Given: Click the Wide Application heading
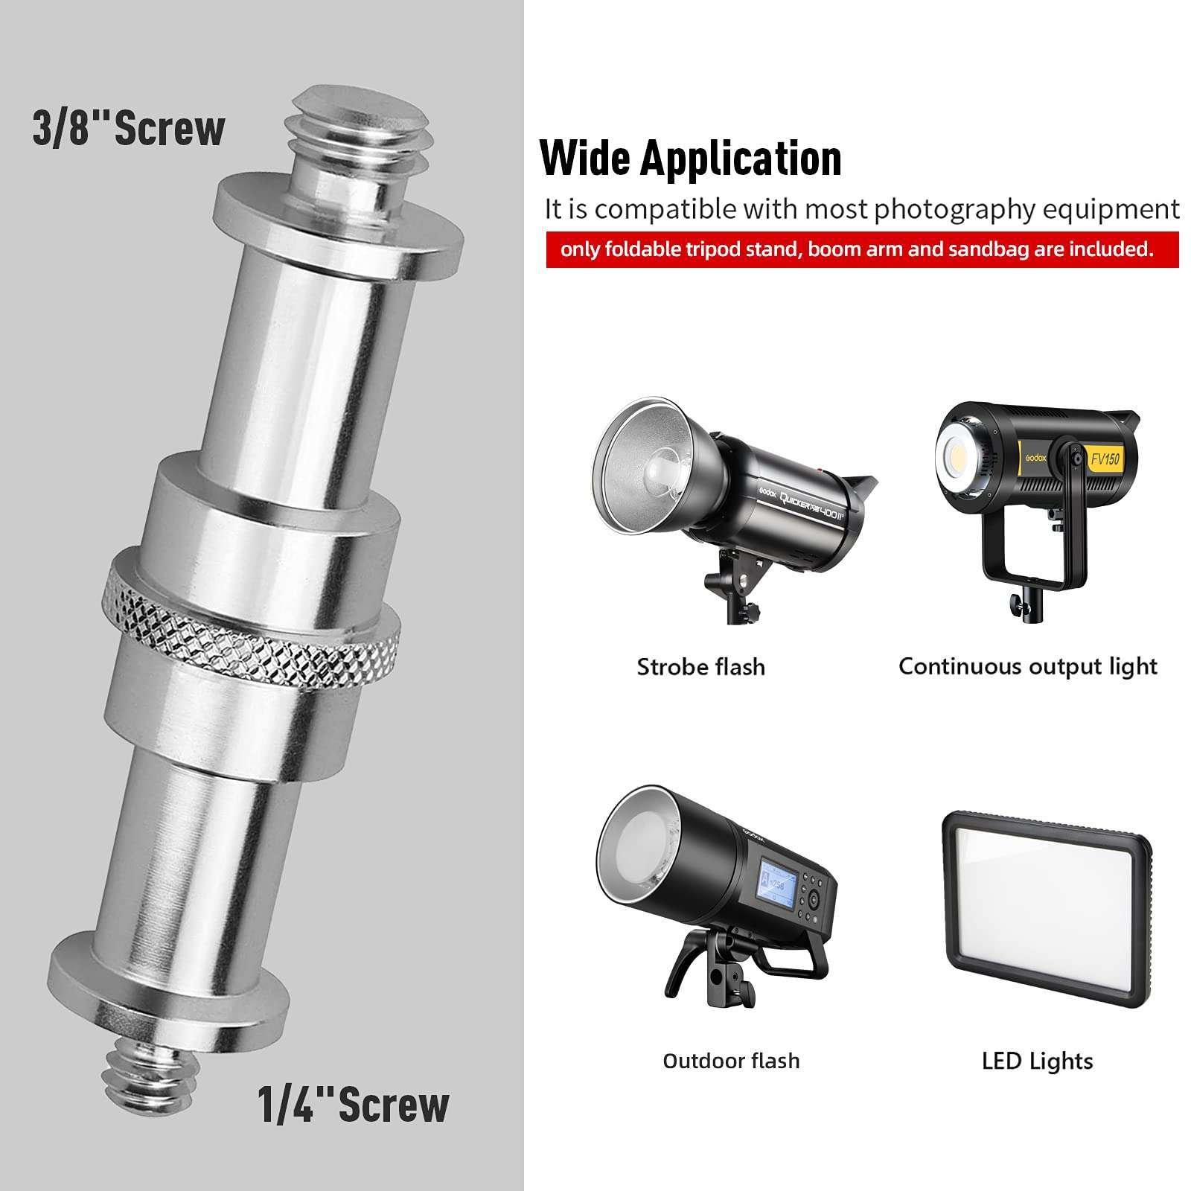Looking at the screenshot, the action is [x=690, y=158].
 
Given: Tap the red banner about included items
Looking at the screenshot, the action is [x=862, y=249].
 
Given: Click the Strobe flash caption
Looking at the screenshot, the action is [x=700, y=667].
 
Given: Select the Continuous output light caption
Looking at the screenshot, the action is [x=1027, y=667].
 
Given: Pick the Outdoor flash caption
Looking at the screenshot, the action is [x=731, y=1060].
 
